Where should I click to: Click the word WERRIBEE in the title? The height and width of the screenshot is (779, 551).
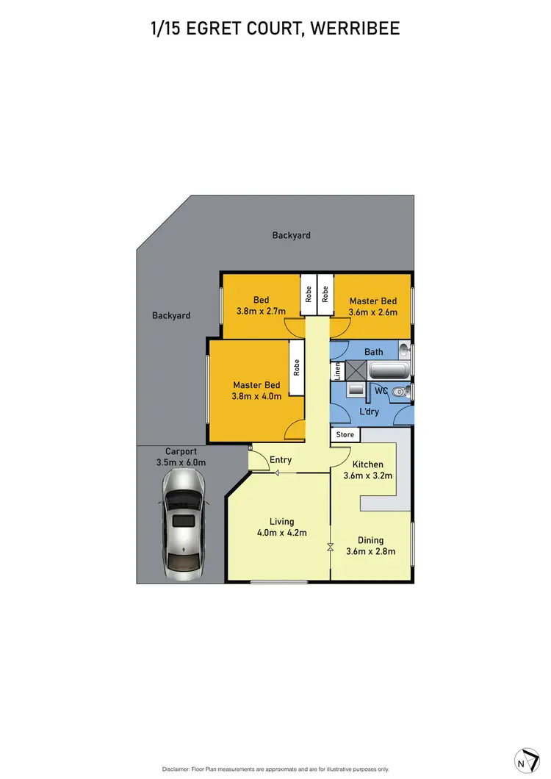tap(356, 29)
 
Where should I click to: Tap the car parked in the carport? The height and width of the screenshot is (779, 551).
tap(182, 523)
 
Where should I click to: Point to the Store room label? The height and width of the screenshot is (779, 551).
tap(345, 434)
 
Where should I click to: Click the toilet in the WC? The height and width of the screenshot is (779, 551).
tap(398, 392)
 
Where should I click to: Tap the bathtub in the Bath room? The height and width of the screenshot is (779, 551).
tap(383, 370)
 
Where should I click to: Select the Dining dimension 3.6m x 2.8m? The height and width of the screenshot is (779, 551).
tap(370, 551)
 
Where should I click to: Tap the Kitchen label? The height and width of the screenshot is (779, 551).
tap(367, 464)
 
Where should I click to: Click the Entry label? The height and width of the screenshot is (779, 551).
tap(281, 460)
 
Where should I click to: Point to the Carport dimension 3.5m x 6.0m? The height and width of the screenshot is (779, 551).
tap(181, 462)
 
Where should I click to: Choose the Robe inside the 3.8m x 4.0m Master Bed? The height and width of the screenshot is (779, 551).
tap(296, 367)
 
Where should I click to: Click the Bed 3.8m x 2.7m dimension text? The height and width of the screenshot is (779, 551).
tap(262, 311)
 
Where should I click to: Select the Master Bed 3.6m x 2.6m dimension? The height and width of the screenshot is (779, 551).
tap(372, 312)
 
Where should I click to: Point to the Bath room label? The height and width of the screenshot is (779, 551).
tap(373, 352)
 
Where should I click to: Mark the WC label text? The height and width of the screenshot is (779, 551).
tap(381, 390)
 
